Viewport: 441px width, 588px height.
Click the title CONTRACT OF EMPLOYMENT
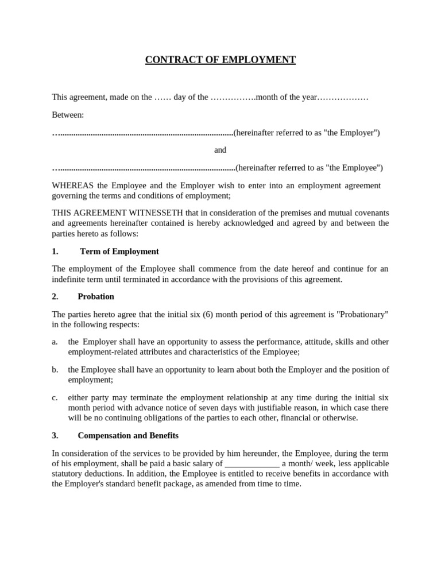[220, 60]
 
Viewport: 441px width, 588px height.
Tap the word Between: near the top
[68, 115]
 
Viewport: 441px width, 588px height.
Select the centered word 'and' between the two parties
[220, 150]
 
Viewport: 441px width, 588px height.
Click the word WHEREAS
[73, 185]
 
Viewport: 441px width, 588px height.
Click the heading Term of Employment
[119, 252]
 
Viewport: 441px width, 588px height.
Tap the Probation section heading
[96, 296]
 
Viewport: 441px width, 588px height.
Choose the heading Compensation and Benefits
[128, 435]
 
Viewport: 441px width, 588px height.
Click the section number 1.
[55, 252]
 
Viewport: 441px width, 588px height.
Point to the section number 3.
[55, 435]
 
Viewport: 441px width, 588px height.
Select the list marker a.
[55, 342]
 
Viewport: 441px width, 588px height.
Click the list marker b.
[55, 370]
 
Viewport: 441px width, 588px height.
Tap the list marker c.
[55, 397]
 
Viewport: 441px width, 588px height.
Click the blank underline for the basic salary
[252, 463]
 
